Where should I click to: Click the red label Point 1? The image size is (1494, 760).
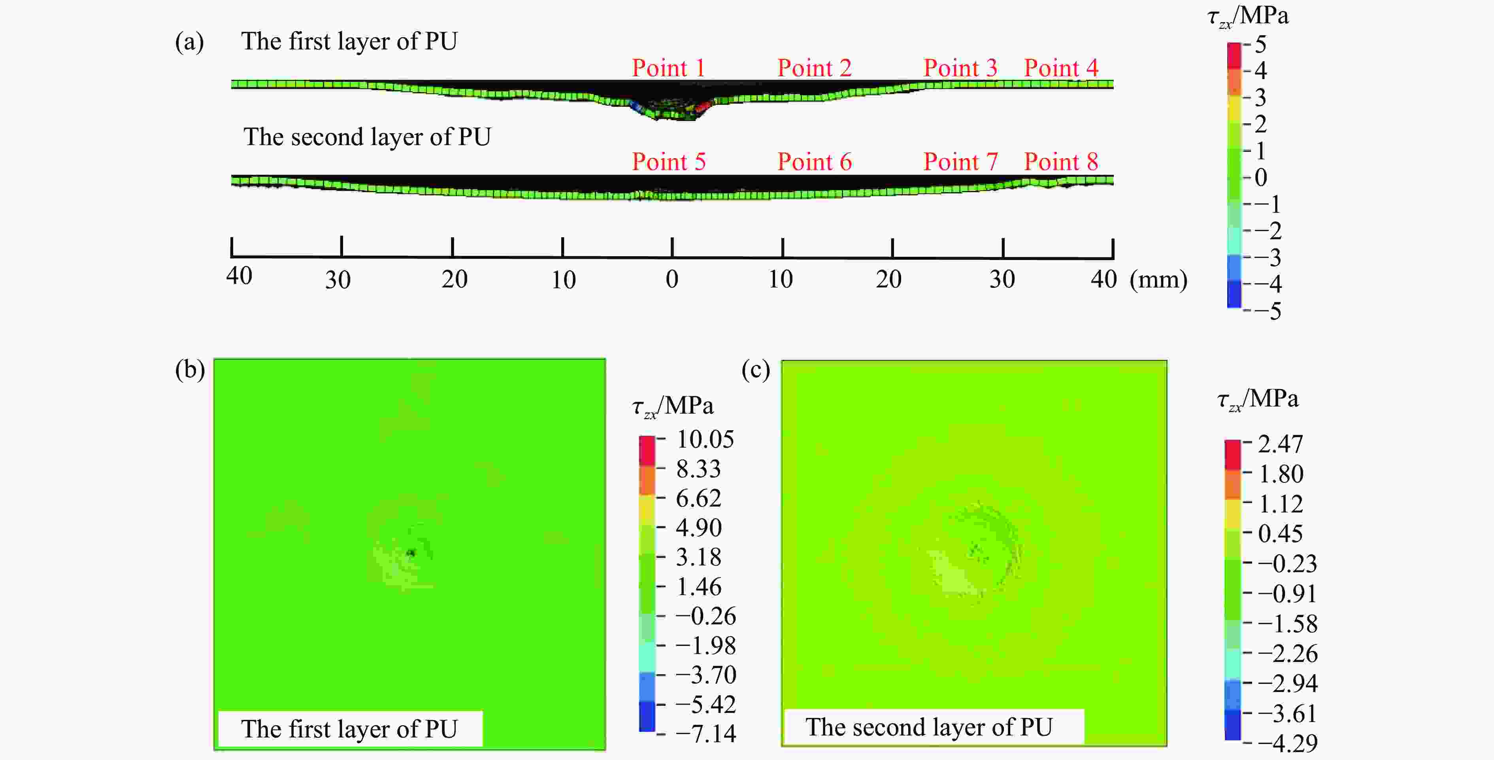click(668, 68)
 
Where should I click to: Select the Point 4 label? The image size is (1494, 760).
click(1061, 68)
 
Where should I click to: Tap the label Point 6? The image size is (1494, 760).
click(814, 161)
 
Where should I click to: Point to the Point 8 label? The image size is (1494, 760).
click(1061, 161)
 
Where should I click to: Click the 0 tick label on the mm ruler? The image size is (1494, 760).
click(672, 280)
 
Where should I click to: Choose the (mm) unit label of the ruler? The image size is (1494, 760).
click(1158, 280)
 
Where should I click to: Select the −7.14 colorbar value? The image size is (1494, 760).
click(705, 734)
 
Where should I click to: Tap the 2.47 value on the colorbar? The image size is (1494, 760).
click(1280, 444)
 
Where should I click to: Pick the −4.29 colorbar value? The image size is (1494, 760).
click(1287, 743)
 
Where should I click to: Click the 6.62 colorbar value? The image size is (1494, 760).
click(698, 498)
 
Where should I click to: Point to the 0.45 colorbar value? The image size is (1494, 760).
click(1280, 533)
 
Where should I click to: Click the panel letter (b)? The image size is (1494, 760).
click(190, 370)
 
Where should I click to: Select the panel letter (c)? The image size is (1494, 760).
click(756, 370)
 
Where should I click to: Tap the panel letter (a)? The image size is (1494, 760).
click(190, 42)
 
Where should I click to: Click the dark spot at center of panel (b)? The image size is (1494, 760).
click(411, 553)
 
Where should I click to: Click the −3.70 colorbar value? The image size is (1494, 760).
click(705, 675)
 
